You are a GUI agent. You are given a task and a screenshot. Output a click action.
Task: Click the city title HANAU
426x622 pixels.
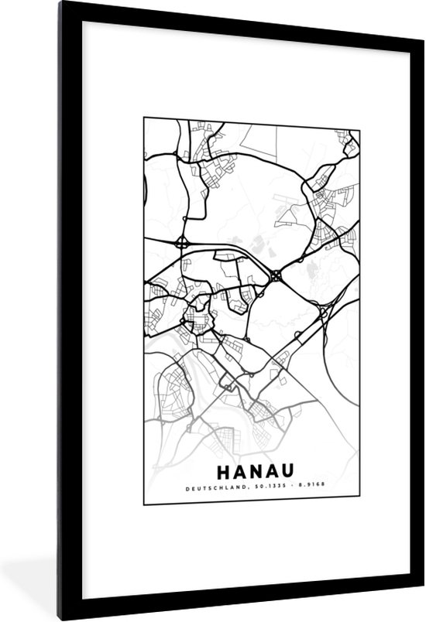(251, 471)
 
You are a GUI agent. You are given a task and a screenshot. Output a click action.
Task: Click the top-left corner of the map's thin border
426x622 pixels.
(143, 118)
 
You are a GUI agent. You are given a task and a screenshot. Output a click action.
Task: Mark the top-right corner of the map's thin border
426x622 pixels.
(360, 118)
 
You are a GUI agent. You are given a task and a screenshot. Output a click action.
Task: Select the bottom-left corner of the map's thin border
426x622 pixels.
(143, 504)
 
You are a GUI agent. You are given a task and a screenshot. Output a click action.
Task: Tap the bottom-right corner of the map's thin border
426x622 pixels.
(360, 504)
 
